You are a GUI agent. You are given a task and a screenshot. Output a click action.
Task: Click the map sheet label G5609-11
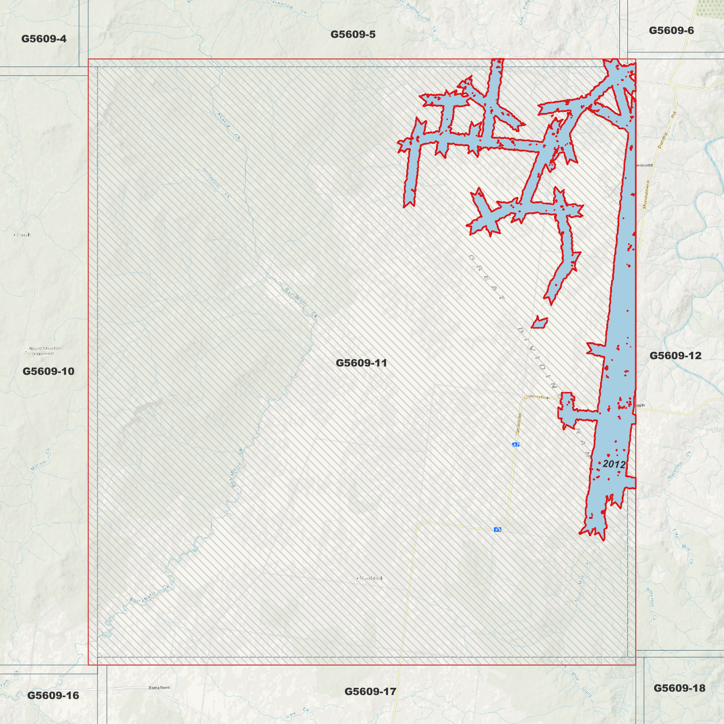coord(361,363)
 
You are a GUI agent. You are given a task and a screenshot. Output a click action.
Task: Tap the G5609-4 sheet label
coord(44,39)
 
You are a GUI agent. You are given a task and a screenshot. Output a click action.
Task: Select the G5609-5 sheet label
coord(353,34)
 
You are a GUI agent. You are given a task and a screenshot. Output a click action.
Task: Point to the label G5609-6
coord(671,30)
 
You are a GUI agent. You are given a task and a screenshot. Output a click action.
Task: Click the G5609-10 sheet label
coord(48,371)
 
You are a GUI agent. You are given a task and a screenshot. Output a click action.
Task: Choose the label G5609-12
coord(675,355)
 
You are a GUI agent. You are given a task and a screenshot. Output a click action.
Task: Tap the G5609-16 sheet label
coord(53,695)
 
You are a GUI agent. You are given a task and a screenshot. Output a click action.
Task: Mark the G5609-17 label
coord(370,691)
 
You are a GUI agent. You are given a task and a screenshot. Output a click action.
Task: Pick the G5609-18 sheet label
coord(679,688)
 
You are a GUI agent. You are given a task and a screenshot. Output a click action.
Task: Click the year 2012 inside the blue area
coord(614,464)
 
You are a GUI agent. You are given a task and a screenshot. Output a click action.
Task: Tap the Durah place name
coord(23,234)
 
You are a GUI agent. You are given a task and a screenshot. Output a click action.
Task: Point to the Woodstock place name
coord(371,578)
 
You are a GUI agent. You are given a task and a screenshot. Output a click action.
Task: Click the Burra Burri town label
coord(159,687)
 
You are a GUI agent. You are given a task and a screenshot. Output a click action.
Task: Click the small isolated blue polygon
coord(539,322)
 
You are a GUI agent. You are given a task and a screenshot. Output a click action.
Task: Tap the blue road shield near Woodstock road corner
coord(498,529)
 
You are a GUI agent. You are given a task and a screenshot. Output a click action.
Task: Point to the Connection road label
coord(537,397)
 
